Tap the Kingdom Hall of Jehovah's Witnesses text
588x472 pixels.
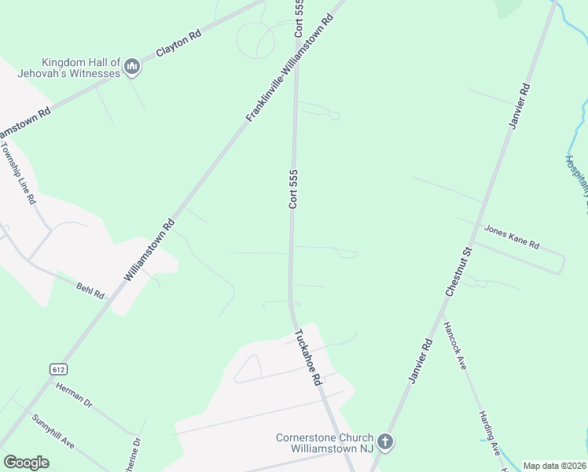[81, 68]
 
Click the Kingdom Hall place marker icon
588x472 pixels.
[132, 68]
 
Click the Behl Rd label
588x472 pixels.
[90, 291]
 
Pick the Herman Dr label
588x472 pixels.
[75, 394]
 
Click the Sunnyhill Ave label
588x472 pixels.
[53, 430]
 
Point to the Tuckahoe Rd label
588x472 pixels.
[308, 356]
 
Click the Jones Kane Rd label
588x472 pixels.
[511, 235]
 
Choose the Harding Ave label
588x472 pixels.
[489, 432]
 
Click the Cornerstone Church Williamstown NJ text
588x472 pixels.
[325, 444]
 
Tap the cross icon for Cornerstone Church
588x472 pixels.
[384, 442]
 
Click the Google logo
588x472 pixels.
[26, 462]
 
